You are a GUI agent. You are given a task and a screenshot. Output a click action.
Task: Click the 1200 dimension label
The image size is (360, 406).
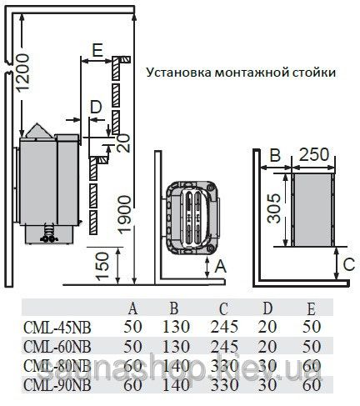pos(22,73)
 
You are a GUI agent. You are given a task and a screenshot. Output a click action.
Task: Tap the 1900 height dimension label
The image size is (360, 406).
pos(123,213)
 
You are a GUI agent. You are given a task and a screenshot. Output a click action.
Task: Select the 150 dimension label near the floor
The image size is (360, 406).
pos(102,266)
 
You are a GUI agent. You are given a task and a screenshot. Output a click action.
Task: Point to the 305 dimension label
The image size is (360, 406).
pos(274,208)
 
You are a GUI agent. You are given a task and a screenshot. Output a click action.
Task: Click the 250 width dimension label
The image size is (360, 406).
pos(314,154)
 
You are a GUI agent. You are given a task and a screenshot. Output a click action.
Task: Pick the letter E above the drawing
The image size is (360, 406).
pos(97,50)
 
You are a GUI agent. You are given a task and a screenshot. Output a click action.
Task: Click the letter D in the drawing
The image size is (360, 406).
pos(97,107)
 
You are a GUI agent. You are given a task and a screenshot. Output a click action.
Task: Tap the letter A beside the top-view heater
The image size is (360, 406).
pos(221,266)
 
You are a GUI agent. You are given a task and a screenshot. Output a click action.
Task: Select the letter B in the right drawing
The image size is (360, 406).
pos(275,155)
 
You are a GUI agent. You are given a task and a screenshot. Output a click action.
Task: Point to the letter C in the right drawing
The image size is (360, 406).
pos(349,264)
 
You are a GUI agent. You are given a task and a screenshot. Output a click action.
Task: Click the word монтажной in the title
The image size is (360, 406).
pos(252,73)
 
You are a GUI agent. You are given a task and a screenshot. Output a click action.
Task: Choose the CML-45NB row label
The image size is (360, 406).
pos(57,328)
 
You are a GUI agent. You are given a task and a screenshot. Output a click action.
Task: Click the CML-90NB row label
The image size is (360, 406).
pos(57,385)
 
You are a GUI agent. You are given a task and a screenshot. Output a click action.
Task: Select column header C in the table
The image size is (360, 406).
pos(223,308)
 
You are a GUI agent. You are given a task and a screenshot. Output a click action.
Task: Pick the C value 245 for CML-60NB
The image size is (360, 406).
pos(224,347)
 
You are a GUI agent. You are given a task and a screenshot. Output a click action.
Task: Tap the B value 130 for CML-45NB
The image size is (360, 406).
pos(176,327)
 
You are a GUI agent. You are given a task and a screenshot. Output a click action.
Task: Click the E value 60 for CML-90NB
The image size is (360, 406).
pos(312,385)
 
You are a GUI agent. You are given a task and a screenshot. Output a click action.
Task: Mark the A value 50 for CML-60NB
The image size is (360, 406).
pos(132,347)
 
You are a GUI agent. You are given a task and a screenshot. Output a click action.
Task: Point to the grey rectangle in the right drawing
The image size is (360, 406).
pos(312,210)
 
